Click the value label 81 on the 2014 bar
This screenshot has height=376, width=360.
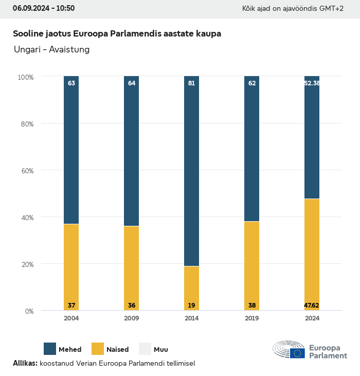click(191, 83)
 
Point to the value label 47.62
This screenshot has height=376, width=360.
click(312, 305)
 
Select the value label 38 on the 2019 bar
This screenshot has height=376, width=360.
click(252, 305)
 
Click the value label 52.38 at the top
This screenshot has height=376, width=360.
click(312, 83)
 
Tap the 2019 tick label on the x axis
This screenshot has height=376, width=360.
click(252, 318)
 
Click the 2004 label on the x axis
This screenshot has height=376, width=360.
click(71, 318)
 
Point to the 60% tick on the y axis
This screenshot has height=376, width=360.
click(26, 171)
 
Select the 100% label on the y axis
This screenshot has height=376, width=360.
click(25, 77)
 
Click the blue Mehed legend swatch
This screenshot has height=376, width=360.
click(50, 349)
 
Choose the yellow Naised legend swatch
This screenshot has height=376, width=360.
click(98, 349)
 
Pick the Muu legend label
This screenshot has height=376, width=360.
click(160, 349)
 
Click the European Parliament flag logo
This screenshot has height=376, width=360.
click(297, 353)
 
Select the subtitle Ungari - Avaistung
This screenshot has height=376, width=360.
click(51, 49)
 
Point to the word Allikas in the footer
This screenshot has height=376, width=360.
click(25, 363)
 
